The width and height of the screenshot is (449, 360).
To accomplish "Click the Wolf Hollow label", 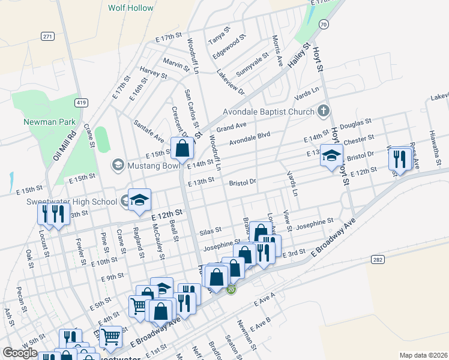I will [x=130, y=8].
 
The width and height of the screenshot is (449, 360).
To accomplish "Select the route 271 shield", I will [x=49, y=37].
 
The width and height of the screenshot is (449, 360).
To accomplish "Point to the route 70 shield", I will [x=324, y=24].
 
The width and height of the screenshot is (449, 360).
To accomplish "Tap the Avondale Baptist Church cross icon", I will [x=324, y=111].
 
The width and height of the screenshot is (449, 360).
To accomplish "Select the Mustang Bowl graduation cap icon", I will [x=118, y=164].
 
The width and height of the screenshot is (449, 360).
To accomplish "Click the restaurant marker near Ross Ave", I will [x=399, y=159].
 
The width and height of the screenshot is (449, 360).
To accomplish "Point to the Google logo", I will [x=20, y=353].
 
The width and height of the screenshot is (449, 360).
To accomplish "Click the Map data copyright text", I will [x=423, y=355].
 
